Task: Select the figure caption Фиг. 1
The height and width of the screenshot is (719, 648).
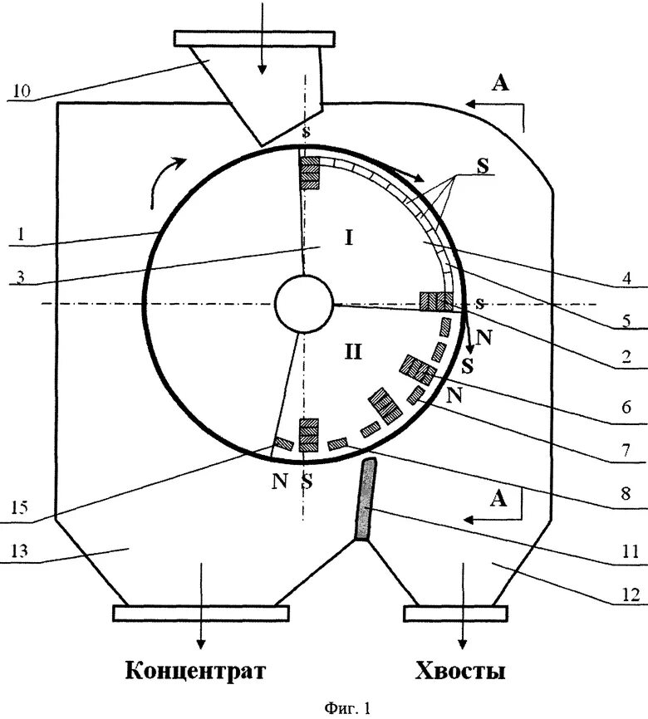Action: coord(343,708)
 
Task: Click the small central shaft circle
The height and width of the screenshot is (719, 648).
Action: coord(302,305)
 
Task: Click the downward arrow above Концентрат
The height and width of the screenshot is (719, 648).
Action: coord(200,635)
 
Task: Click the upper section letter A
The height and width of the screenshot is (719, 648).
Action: coord(498,81)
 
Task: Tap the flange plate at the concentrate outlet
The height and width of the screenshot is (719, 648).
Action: coord(200,613)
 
